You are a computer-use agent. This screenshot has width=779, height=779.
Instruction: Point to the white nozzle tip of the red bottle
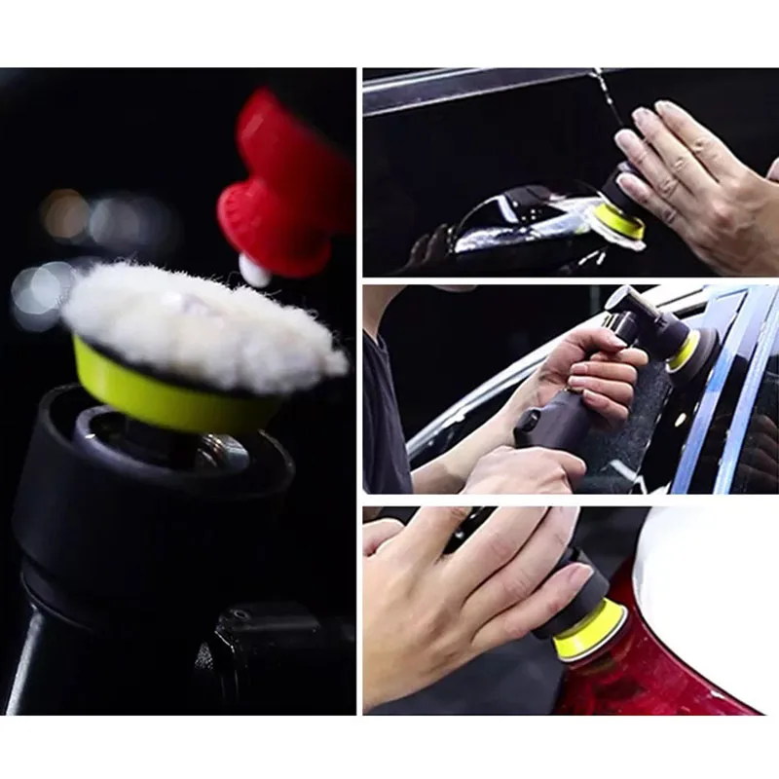(255, 271)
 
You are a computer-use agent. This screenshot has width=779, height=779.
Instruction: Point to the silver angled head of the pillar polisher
(628, 312)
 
